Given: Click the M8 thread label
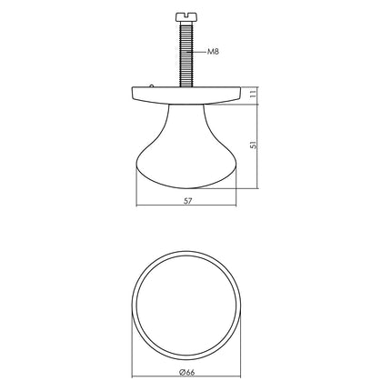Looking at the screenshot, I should point(214,53).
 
